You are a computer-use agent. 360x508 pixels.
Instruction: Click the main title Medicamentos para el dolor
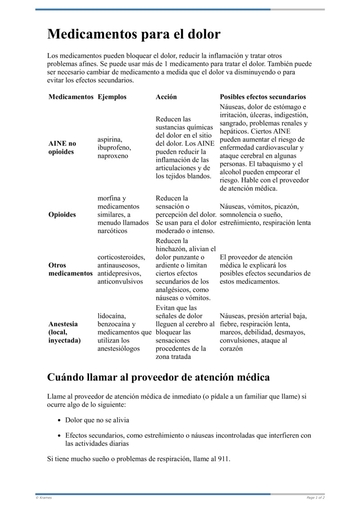[134, 34]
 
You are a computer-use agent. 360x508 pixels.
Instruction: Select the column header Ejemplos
[112, 97]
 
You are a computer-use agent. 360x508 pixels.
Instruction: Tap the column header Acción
[166, 97]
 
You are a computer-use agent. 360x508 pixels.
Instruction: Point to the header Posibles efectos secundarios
[263, 97]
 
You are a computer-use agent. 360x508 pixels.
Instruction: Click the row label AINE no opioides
[62, 147]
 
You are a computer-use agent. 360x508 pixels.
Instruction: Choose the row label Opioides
[62, 214]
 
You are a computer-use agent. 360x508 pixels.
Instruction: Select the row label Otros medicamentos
[70, 269]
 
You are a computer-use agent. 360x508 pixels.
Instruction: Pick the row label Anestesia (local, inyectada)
[64, 332]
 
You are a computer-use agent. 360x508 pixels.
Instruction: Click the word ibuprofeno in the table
[114, 147]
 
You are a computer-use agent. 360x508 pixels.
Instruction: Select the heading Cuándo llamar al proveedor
[158, 377]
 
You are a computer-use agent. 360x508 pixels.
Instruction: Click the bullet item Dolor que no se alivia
[97, 420]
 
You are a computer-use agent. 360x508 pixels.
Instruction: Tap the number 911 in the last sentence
[223, 459]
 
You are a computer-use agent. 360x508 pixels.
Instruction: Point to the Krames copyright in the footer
[44, 498]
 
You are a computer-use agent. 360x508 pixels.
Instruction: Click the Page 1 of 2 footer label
[315, 498]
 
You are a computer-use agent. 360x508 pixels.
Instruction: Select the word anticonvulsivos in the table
[120, 281]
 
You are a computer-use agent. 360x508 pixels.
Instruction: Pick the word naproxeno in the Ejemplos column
[113, 156]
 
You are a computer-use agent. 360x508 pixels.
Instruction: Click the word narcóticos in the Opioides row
[112, 231]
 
